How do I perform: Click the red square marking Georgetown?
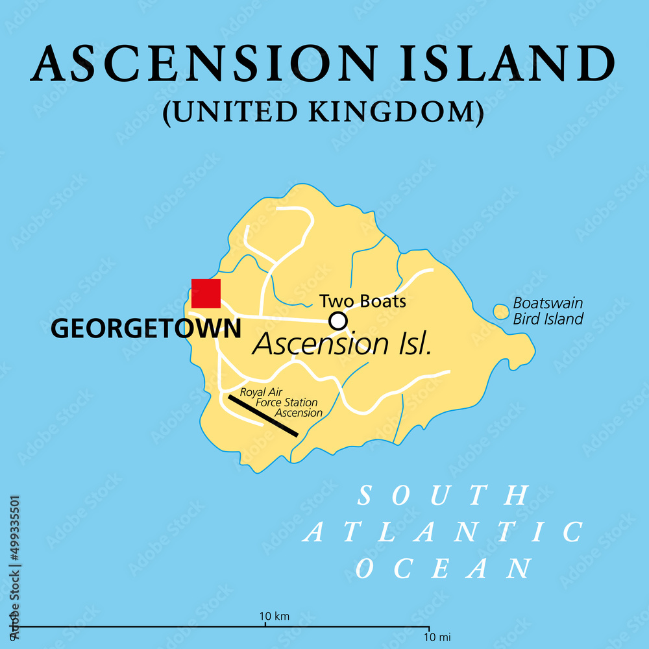coord(206,293)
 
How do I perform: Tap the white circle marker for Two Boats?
coord(337,321)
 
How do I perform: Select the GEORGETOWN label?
coord(145,329)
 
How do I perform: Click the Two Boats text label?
coord(362,301)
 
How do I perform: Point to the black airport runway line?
coord(263,415)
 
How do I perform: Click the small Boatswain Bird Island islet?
coord(500,312)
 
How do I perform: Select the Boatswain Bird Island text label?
coord(548,311)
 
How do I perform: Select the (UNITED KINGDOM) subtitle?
coord(323,112)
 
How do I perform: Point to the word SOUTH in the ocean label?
coord(444,496)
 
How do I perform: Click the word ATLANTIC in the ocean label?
coord(444,532)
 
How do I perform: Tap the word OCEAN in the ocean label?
coord(444,569)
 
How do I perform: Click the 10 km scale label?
coord(275,616)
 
